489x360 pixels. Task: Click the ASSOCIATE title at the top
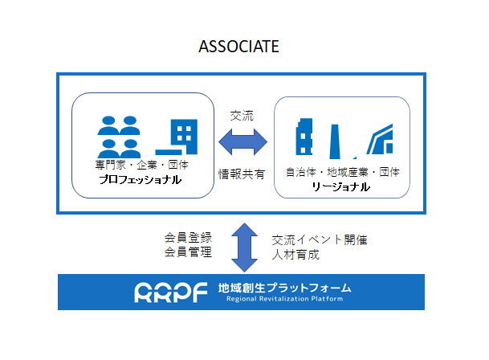click(x=238, y=47)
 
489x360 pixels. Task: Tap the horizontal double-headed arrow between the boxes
click(x=242, y=141)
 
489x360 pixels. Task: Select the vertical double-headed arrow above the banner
click(x=244, y=247)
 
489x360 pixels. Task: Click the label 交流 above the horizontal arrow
click(x=242, y=116)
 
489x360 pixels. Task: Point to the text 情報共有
click(x=242, y=174)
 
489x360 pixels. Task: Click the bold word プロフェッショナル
click(x=141, y=179)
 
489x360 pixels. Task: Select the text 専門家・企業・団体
click(x=142, y=165)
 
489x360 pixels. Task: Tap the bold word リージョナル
click(x=341, y=186)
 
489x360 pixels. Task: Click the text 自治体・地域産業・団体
click(x=343, y=172)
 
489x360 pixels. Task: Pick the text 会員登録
click(x=188, y=238)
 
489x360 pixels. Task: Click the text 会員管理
click(x=188, y=252)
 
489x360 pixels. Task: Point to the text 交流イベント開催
click(x=320, y=240)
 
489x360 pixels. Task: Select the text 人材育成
click(x=295, y=255)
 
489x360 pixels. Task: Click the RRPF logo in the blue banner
click(x=170, y=292)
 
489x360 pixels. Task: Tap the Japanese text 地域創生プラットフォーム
click(x=284, y=288)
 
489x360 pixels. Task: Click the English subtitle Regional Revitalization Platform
click(x=284, y=299)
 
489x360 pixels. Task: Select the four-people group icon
click(x=119, y=137)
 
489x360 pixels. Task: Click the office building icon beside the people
click(x=177, y=137)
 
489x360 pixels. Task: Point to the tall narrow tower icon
click(x=335, y=141)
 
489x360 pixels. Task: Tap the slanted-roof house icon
click(x=380, y=139)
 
